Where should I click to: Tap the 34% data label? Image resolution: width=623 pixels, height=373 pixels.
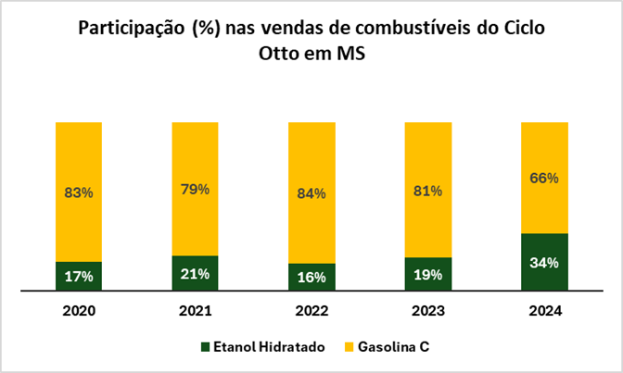tap(544, 263)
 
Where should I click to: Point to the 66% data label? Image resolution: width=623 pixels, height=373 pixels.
tap(544, 178)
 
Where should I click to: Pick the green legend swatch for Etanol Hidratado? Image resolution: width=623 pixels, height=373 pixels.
tap(206, 348)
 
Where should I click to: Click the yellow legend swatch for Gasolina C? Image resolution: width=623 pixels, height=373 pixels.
tap(350, 348)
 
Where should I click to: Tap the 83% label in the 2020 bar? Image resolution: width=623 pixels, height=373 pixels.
tap(79, 193)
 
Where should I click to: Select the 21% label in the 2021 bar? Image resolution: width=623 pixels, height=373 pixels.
tap(195, 274)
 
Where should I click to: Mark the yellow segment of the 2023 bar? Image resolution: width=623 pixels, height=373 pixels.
tap(427, 167)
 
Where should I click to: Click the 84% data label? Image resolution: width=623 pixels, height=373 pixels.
tap(311, 193)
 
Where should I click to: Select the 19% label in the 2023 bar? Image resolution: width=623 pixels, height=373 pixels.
tap(427, 275)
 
